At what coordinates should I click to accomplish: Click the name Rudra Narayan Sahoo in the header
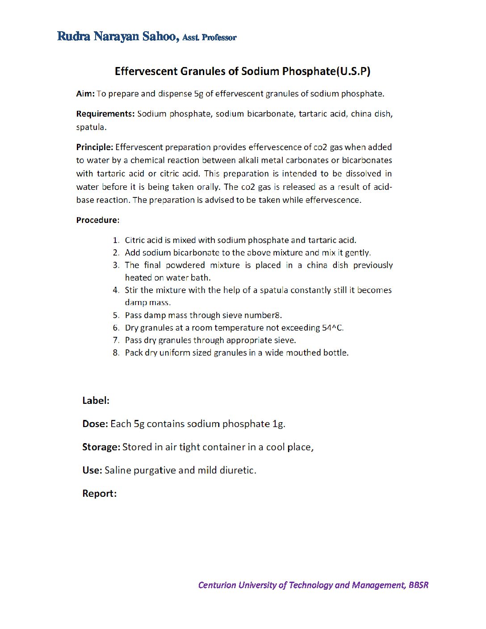tap(118, 37)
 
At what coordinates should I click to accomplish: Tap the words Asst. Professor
tap(209, 38)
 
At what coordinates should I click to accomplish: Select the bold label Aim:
tap(85, 94)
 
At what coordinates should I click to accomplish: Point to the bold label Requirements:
tap(105, 114)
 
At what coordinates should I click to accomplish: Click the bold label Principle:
tap(95, 147)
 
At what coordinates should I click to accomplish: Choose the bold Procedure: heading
tap(98, 220)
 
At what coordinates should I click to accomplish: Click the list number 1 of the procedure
tap(116, 240)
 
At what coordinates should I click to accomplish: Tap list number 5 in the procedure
tap(116, 315)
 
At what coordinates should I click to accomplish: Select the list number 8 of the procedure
tap(116, 353)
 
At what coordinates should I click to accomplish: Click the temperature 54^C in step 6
tap(333, 328)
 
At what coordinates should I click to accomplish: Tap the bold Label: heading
tap(96, 401)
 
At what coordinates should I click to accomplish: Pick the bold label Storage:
tap(101, 447)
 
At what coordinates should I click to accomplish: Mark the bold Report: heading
tap(99, 494)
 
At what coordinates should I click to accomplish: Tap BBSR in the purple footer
tap(418, 585)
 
